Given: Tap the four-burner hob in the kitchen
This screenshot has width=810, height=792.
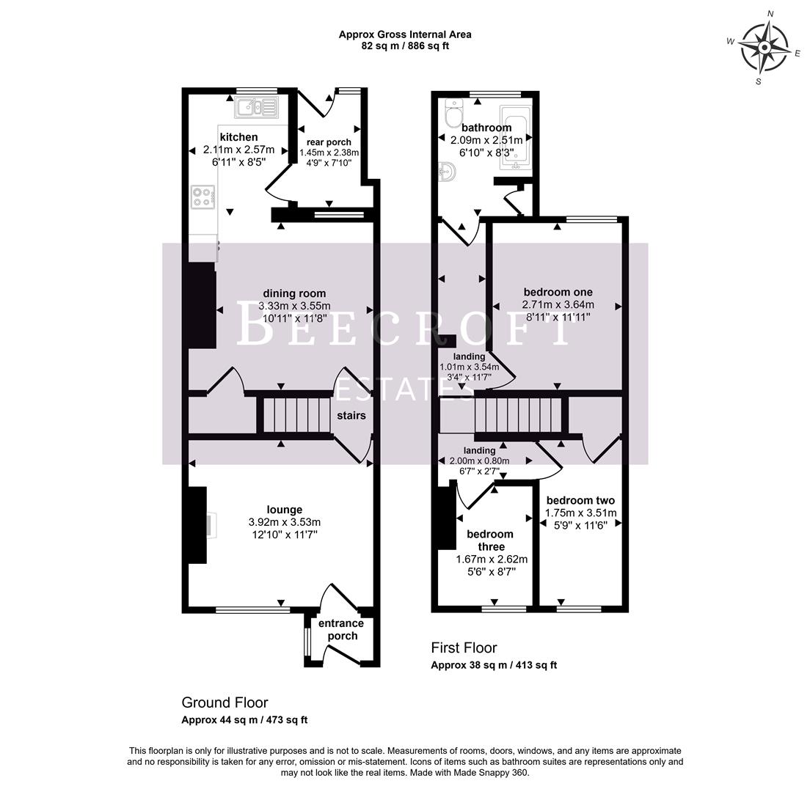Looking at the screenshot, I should tap(203, 197).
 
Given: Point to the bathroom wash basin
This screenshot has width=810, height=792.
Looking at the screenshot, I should tap(448, 172).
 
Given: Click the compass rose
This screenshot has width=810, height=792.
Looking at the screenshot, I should tap(764, 48).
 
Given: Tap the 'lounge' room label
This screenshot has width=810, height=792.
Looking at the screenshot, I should tap(285, 510).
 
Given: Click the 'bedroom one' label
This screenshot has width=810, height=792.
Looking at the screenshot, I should tap(558, 292).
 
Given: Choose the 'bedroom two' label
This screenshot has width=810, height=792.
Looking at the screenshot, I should tap(580, 500).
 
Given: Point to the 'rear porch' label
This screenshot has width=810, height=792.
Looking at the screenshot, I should tap(329, 142).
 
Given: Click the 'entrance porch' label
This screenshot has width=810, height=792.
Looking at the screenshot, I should tap(341, 629).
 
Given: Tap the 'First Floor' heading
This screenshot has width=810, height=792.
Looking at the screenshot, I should tap(463, 648).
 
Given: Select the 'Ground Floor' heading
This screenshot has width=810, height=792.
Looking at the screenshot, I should tap(225, 702).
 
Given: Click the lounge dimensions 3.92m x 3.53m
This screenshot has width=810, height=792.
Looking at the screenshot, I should tap(285, 522).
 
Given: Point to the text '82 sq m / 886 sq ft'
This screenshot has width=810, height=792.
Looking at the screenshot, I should tap(404, 45).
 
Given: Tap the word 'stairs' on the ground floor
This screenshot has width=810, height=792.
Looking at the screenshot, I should tap(351, 415).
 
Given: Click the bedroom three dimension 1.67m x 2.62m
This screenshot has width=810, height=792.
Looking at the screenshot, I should tap(492, 559).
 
